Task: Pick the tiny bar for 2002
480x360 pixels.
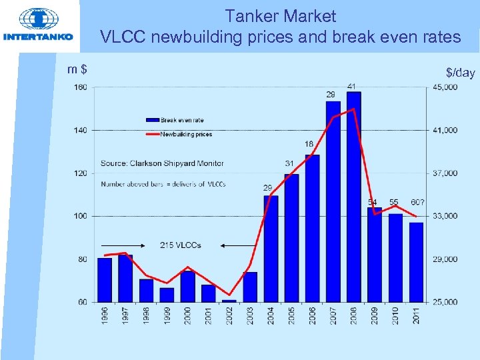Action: tap(229, 301)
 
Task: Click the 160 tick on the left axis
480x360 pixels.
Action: tap(80, 87)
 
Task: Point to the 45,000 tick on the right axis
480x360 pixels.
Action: tap(445, 87)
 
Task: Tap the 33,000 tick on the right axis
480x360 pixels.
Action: tap(445, 216)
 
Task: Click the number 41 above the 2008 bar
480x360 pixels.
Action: tap(351, 86)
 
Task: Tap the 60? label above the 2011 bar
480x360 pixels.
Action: tap(417, 202)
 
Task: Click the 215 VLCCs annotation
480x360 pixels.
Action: tap(180, 245)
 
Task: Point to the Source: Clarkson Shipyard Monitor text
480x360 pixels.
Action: tap(162, 163)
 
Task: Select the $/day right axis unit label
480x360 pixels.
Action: tap(460, 72)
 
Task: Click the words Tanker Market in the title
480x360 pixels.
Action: tap(280, 15)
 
